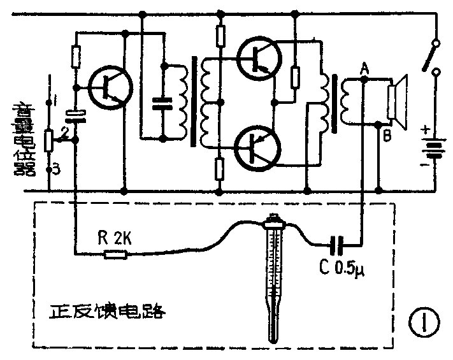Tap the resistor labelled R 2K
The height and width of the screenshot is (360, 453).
click(x=116, y=255)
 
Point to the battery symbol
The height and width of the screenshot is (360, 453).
click(x=435, y=151)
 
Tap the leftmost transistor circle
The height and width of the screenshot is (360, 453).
click(x=110, y=87)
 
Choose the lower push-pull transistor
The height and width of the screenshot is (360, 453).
click(x=256, y=147)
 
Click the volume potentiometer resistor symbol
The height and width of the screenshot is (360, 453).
click(x=49, y=140)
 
